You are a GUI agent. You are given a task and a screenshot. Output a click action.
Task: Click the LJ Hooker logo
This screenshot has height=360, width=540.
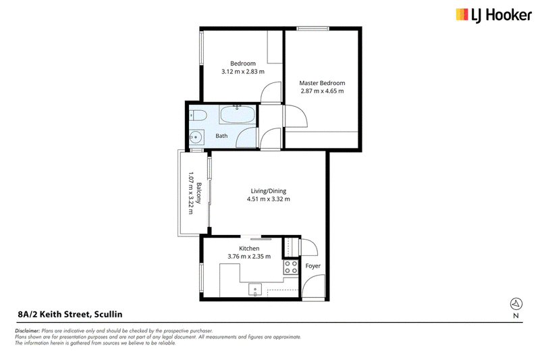coord(493,16)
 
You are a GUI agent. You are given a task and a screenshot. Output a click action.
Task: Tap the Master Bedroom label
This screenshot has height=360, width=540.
coord(322,83)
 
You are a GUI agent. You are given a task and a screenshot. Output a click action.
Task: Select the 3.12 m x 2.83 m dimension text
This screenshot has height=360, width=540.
coord(243,72)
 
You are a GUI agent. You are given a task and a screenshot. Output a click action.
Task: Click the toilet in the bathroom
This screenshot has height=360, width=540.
coord(197,115)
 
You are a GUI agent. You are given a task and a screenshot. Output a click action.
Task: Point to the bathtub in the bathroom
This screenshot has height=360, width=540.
coord(238,115)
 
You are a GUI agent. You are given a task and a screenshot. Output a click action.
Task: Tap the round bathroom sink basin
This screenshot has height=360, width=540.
coord(196,138)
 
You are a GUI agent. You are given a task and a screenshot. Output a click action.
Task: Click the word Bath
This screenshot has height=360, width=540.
coord(221,136)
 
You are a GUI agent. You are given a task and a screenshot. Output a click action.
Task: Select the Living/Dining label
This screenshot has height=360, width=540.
coord(268,191)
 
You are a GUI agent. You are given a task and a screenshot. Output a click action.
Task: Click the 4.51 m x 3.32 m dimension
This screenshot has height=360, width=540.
coord(268,199)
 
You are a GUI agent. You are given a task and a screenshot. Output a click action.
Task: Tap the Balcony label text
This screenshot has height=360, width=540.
coord(198,193)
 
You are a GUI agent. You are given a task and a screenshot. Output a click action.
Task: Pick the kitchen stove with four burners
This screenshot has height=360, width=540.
coord(291,267)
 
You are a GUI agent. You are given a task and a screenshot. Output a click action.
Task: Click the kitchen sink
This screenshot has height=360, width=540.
coord(255,290)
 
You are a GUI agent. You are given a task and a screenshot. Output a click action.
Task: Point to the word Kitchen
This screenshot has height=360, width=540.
coord(249,249)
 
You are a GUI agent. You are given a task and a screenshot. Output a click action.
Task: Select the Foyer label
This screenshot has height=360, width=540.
coord(313,266)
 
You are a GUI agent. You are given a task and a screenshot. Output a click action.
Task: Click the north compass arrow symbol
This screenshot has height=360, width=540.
coord(516,303)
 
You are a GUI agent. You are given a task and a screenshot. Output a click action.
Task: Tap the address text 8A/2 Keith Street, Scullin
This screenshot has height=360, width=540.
coord(70,314)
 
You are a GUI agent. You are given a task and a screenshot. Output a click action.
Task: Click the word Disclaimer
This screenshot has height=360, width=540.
coord(27,331)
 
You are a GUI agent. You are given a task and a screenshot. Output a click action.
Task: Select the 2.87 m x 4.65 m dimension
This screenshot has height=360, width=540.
coord(322,91)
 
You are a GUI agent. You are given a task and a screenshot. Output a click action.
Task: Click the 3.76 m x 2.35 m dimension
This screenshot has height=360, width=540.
coord(249,257)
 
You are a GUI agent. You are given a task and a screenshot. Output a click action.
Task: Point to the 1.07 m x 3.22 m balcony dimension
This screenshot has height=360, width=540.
coord(190,193)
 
